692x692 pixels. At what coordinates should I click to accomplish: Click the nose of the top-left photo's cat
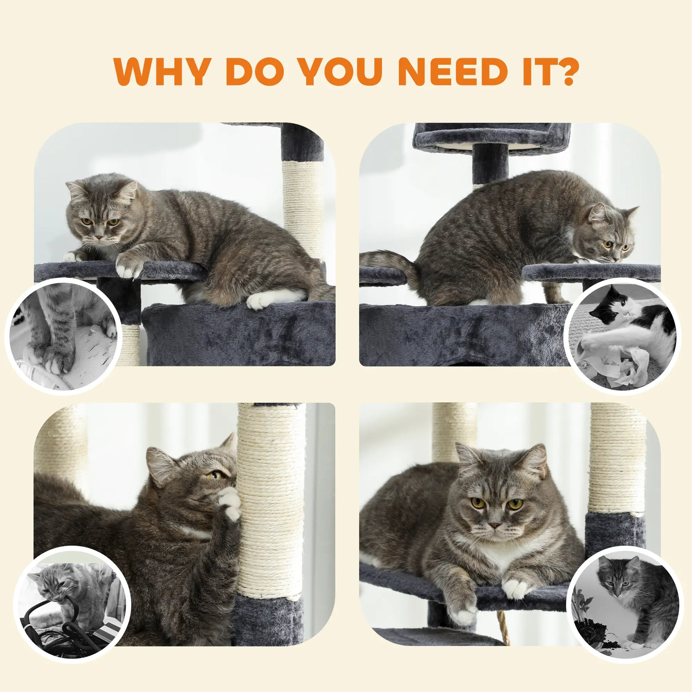(x=97, y=237)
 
